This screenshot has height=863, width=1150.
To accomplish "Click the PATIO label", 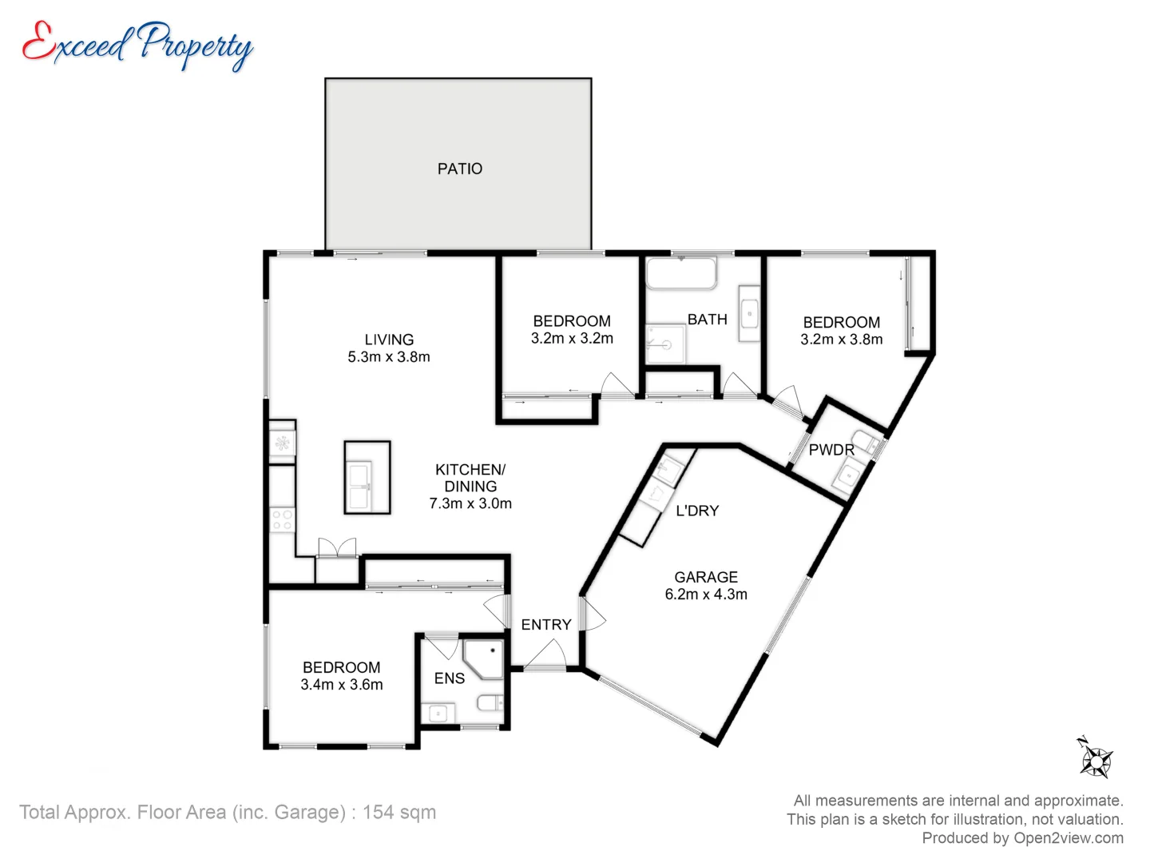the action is coord(459,169).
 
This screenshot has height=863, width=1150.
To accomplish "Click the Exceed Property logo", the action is coord(138,46).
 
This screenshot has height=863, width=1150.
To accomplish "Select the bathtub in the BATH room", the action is coord(681,273).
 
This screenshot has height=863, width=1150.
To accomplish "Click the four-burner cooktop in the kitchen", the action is coord(283,519).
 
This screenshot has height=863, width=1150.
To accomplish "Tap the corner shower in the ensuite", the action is coord(484,658).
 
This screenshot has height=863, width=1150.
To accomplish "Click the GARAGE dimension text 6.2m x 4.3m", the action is coord(706,595).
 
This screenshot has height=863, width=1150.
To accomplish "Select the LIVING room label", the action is coord(389,340).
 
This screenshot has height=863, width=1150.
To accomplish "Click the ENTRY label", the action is coord(546,625).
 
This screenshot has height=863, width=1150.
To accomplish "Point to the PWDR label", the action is coord(831,450).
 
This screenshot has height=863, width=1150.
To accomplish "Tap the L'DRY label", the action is coord(697,511).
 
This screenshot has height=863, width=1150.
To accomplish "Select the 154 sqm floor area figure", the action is coord(399,812).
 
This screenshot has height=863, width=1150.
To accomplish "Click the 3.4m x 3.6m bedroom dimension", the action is coord(342,684).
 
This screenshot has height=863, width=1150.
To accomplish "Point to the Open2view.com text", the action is coord(1069,838).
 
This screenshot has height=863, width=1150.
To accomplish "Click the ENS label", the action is coord(450,678).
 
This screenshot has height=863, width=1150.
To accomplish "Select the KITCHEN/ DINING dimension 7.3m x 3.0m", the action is coord(470,503).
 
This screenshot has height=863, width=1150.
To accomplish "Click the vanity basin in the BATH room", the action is coord(749,314).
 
